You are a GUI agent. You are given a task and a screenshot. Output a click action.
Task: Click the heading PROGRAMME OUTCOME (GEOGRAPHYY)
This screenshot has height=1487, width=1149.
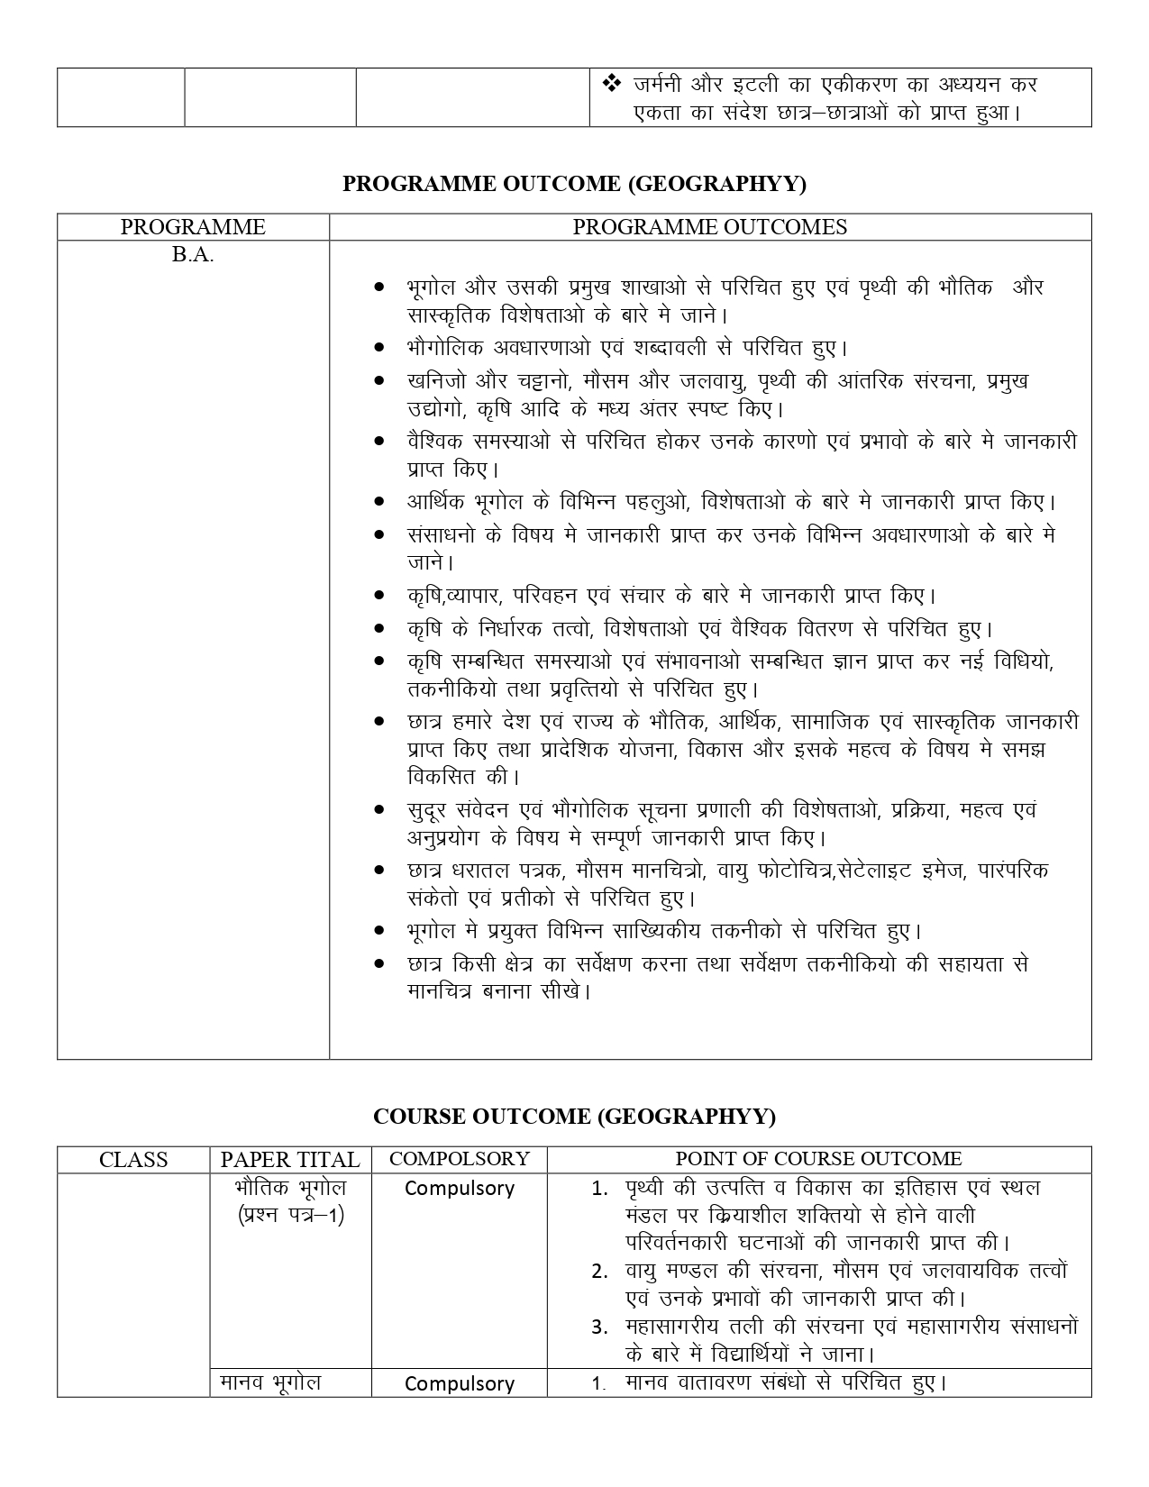coord(574,184)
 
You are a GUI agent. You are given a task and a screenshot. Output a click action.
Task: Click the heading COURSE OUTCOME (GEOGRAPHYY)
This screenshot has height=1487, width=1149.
coord(574,1117)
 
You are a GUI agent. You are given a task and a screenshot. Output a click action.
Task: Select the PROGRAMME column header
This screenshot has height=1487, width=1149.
coord(193,227)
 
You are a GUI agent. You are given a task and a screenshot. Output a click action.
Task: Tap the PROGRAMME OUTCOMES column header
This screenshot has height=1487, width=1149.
coord(709,227)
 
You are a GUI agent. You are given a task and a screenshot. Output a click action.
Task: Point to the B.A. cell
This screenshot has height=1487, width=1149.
coord(193,255)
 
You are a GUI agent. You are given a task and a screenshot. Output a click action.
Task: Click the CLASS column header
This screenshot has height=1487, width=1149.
coord(133,1160)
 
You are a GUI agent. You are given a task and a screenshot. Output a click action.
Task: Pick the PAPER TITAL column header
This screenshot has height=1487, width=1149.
coord(290,1160)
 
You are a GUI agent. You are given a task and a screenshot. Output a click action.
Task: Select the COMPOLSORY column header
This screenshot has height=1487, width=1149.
coord(459,1159)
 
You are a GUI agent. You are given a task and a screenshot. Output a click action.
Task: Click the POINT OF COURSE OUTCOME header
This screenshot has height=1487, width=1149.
coord(818,1159)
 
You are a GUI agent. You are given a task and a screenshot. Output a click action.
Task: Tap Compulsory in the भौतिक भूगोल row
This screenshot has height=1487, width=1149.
coord(459,1189)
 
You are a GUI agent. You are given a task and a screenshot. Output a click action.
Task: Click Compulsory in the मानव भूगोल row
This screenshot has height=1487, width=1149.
coord(459,1383)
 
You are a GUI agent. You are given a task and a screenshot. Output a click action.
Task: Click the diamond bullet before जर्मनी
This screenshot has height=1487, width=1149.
coord(611,85)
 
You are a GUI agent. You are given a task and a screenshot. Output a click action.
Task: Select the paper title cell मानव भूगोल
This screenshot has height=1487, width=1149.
coord(271,1382)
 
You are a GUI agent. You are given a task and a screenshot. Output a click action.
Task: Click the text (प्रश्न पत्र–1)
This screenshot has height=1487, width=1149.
coord(290,1216)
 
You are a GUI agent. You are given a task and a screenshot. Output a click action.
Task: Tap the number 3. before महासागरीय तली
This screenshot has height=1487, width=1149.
coord(600,1327)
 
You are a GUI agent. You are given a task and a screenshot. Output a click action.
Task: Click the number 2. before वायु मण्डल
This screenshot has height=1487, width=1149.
coord(600,1272)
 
